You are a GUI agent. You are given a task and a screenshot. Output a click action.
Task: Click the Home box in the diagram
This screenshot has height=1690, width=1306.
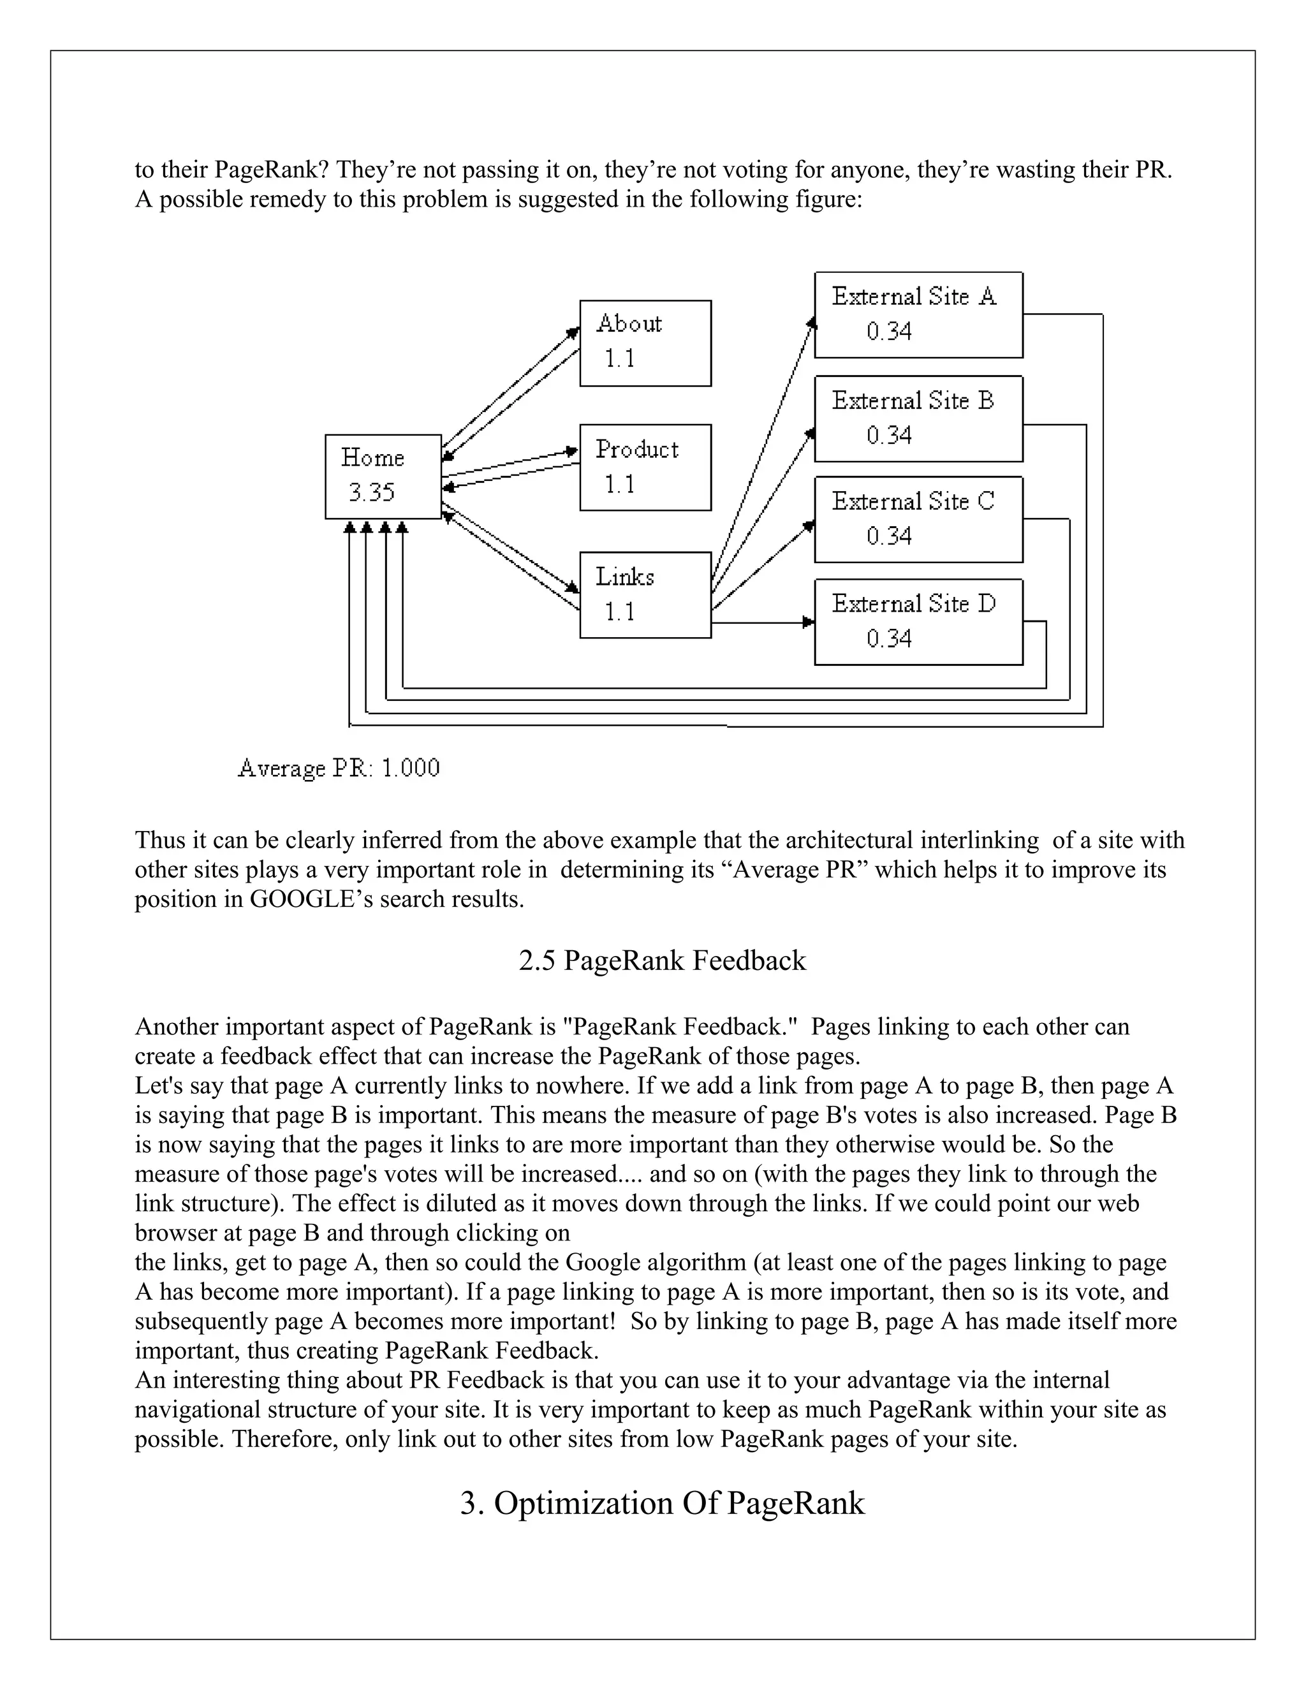coord(383,476)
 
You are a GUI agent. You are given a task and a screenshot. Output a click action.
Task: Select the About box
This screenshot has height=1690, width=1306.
coord(645,343)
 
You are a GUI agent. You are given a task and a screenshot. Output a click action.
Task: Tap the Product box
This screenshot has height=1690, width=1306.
coord(645,467)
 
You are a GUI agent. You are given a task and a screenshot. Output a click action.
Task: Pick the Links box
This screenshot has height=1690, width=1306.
coord(645,594)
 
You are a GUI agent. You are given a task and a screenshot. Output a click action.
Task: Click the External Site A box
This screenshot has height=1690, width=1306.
coord(918,314)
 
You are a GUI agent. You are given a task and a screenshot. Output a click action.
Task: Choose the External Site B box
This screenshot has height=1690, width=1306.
coord(918,418)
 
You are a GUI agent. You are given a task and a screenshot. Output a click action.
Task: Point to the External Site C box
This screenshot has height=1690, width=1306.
coord(918,519)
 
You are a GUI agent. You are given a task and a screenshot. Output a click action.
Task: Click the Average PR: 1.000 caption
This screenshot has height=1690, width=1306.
coord(339,768)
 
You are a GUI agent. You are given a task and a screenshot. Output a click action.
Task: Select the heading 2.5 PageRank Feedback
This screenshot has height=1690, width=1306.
coord(663,960)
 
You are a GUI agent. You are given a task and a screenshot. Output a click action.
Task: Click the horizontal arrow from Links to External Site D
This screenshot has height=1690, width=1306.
coord(762,622)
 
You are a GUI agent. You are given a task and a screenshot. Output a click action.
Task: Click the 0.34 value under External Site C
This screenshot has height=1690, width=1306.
coord(889,536)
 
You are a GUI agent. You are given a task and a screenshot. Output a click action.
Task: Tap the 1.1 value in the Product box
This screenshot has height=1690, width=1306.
coord(619,485)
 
